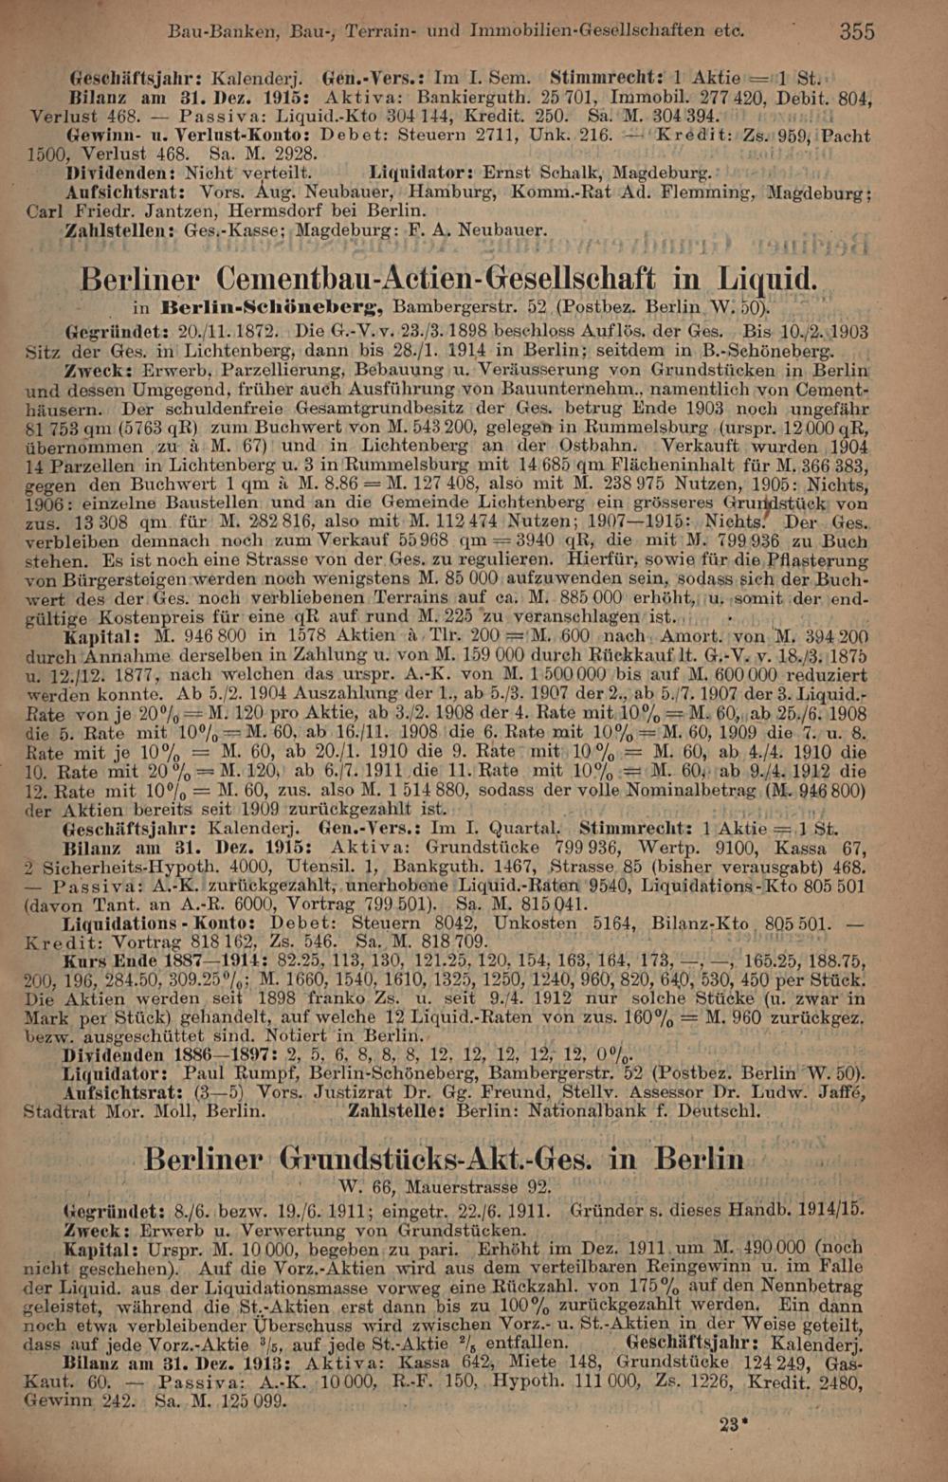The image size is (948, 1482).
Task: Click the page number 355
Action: tap(856, 30)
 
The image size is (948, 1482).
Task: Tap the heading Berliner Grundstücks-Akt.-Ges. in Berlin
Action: tap(446, 1159)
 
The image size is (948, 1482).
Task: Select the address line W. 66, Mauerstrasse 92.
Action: tap(444, 1186)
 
